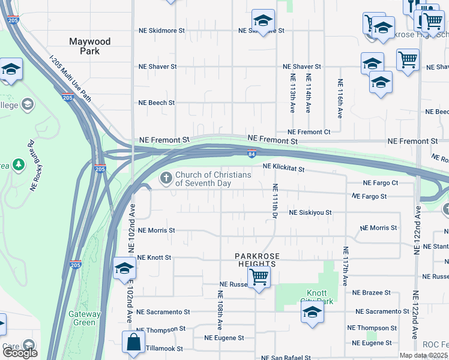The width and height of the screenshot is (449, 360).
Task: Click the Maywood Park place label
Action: pos(89,46)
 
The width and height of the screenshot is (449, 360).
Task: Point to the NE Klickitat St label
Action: pos(284,170)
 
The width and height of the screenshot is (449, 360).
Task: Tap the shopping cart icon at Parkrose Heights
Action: pos(259,277)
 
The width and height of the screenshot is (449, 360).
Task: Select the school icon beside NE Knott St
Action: pos(124,268)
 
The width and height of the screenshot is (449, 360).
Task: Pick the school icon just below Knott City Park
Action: pos(312,313)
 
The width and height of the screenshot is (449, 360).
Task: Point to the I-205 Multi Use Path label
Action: pos(70,79)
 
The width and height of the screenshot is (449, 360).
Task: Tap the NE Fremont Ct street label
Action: pos(309,132)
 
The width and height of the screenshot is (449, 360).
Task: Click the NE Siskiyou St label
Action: pos(310,213)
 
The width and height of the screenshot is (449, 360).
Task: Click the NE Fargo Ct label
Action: pos(381,183)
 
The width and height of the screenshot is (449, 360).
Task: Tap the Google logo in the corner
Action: pos(19,353)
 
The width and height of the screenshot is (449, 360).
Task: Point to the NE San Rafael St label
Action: pos(286,358)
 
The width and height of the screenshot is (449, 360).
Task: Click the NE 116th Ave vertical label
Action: pos(340,97)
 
